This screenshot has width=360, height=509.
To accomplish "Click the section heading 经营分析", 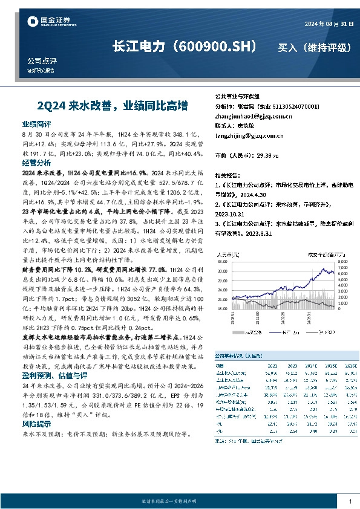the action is [x=36, y=163].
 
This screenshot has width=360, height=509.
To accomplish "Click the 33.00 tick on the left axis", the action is [x=222, y=262].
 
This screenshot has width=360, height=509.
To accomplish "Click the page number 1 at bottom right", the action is [x=351, y=501].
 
